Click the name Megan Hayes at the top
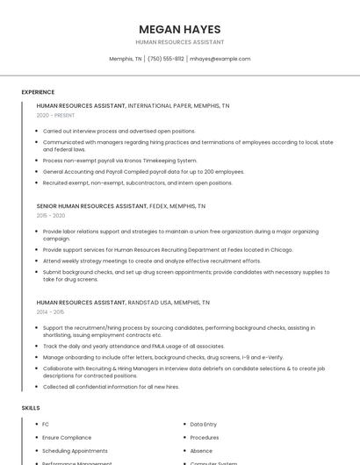(180, 29)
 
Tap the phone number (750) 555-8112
(166, 59)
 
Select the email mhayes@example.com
(220, 59)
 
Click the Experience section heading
(38, 92)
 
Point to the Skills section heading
(31, 408)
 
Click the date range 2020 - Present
(56, 115)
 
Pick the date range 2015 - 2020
(51, 215)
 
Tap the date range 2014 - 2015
(50, 311)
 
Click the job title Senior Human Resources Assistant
(92, 206)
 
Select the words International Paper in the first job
(159, 105)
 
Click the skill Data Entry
(203, 425)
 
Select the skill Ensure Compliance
(67, 437)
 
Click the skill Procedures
(205, 437)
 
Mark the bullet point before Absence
(183, 450)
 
